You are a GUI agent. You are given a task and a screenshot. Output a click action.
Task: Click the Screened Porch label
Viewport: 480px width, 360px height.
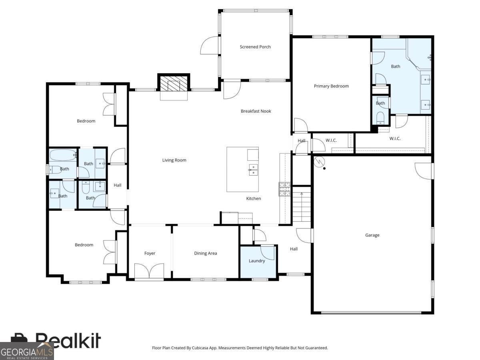255,47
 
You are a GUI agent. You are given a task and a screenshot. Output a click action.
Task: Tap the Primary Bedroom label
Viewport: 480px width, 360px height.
331,86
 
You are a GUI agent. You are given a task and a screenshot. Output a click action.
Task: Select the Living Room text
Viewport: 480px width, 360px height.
174,160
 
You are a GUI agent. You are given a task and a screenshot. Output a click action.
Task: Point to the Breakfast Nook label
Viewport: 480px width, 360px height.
256,111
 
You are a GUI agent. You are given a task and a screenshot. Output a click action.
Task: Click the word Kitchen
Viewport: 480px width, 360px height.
254,198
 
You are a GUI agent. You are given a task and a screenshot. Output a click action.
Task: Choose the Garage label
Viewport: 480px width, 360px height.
372,235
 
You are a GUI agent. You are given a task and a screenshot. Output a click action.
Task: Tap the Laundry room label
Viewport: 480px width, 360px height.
257,261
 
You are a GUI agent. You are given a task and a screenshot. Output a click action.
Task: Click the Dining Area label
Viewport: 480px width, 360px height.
205,253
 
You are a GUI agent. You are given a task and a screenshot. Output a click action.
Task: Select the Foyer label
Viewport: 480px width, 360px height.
150,253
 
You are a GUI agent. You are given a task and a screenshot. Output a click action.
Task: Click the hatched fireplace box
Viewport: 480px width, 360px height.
174,84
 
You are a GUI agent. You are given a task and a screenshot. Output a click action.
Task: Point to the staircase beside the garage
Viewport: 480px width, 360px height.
302,207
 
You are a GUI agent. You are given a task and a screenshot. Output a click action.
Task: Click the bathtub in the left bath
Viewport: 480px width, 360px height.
63,155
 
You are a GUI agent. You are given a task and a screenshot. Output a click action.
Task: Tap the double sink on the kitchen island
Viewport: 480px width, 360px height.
253,170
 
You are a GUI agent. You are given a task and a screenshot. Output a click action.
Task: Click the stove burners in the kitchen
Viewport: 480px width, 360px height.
284,189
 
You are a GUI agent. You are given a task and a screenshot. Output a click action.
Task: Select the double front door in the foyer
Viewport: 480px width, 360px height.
149,271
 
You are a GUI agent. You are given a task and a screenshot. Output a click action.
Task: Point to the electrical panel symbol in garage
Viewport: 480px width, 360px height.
319,162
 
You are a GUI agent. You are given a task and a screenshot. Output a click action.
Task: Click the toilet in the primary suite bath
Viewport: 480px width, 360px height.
380,118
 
